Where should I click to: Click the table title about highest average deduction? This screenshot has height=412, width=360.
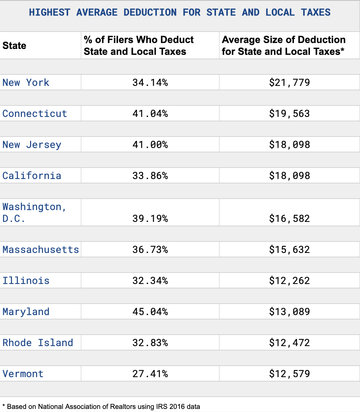180,13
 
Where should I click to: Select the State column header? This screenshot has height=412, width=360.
15,46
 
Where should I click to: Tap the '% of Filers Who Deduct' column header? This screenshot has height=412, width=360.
150,46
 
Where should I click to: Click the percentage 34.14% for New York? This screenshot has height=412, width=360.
150,81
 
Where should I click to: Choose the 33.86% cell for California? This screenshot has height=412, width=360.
150,176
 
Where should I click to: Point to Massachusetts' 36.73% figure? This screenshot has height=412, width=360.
150,249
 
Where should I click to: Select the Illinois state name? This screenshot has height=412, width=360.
28,280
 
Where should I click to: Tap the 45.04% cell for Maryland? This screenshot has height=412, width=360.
150,312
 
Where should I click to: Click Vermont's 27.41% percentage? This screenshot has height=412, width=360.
150,374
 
